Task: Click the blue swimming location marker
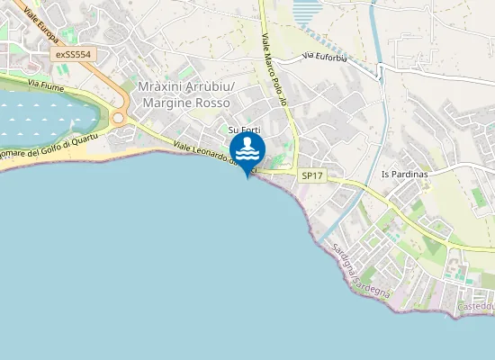point(247,149)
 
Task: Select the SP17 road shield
point(311,176)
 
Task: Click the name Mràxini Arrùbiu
point(186,87)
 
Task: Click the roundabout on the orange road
point(118,118)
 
